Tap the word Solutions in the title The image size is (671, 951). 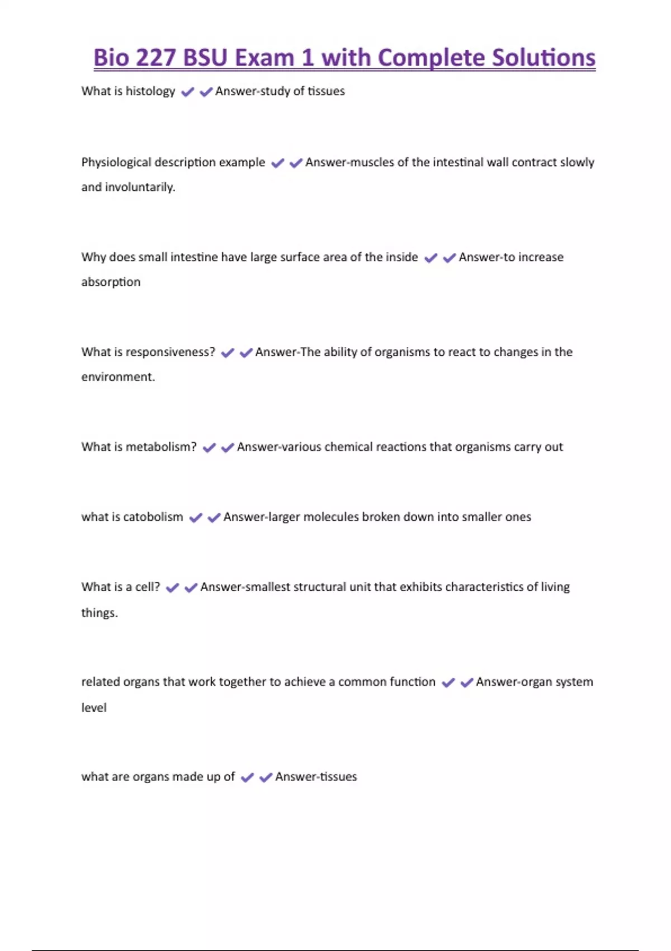click(544, 58)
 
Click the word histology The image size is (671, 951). click(150, 91)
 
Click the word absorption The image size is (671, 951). click(111, 282)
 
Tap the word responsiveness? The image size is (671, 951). click(171, 352)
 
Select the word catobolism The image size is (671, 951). click(153, 517)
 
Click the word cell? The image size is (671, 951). click(148, 587)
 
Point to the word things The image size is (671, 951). click(100, 613)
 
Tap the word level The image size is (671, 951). click(94, 708)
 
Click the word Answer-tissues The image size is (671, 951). click(316, 776)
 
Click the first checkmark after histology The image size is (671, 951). click(188, 92)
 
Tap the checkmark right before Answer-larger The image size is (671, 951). click(214, 518)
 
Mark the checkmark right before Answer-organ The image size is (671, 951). click(466, 682)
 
